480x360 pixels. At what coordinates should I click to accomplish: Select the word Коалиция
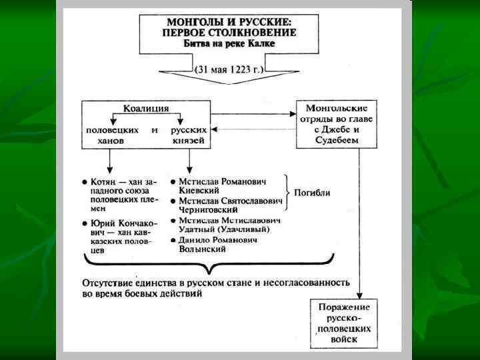pyautogui.click(x=146, y=108)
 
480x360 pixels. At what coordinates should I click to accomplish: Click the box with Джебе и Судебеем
pyautogui.click(x=336, y=124)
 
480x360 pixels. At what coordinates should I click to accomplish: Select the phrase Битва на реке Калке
pyautogui.click(x=229, y=43)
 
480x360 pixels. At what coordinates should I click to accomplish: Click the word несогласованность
pyautogui.click(x=311, y=282)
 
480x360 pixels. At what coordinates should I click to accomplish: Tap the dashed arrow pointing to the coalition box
pyautogui.click(x=253, y=130)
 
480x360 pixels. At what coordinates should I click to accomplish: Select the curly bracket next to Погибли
pyautogui.click(x=287, y=193)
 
